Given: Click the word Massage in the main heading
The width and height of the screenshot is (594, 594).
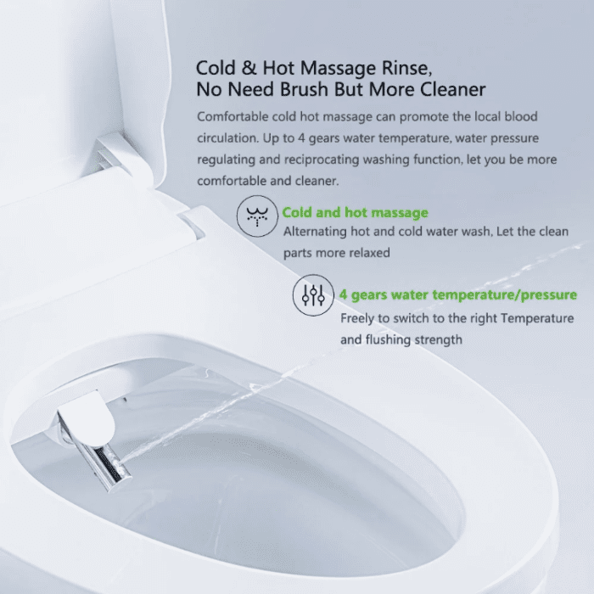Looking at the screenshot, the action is point(339,69).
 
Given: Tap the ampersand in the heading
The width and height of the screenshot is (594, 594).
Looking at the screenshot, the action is point(249,68).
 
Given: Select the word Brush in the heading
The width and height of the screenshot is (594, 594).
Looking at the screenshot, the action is point(304,90).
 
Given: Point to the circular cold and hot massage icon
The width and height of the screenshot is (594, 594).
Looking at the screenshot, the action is point(257,216).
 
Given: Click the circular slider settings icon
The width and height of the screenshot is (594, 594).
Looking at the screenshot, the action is point(313,295).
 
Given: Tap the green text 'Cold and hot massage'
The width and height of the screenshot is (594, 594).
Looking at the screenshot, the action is point(355,212).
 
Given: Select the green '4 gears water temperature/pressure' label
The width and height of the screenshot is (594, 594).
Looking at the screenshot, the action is point(457,295).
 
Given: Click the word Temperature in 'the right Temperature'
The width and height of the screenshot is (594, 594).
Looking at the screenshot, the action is point(537,318).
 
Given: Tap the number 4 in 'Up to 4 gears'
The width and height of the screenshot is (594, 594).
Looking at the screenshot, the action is point(301,138).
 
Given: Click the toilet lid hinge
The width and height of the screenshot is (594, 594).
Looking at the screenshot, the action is point(114,154).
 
